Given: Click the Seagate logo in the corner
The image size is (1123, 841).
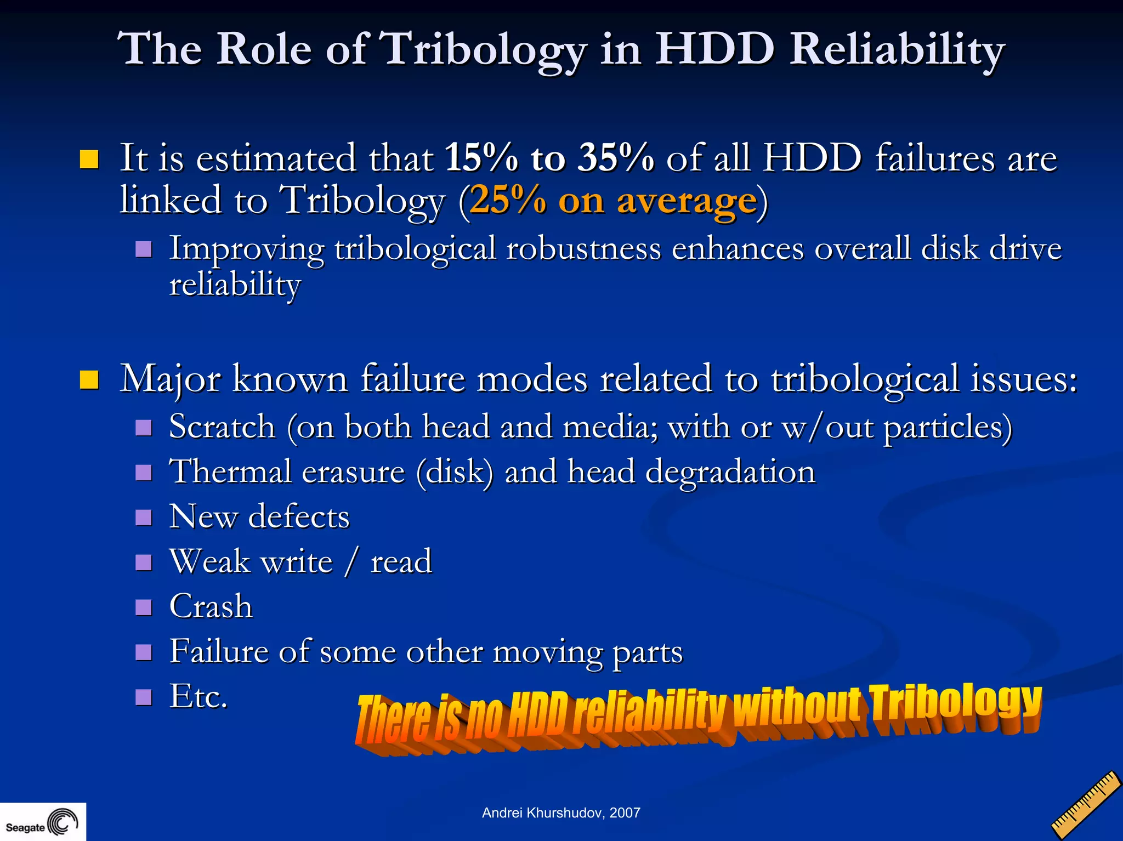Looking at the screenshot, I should click(x=42, y=822).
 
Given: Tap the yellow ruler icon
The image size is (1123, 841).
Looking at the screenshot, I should click(x=1086, y=805).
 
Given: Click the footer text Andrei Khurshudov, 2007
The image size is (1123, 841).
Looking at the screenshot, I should click(x=561, y=812).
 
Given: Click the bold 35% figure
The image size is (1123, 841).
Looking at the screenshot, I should click(x=616, y=158).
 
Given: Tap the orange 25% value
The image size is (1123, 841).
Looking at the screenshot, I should click(x=508, y=200).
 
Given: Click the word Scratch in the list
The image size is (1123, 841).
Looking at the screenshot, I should click(x=222, y=427).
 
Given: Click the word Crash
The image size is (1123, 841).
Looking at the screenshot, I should click(x=211, y=606).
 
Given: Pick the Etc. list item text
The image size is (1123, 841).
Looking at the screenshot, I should click(x=198, y=696).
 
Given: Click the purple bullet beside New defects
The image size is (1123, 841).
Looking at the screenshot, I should click(x=144, y=518).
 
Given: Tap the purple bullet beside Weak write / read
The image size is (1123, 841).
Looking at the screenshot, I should click(x=144, y=562).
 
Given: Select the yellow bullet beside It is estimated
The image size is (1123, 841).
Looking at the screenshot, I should click(x=89, y=159).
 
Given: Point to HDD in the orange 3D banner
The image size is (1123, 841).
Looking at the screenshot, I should click(x=537, y=715).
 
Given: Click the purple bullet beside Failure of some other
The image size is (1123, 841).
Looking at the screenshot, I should click(x=144, y=652).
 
